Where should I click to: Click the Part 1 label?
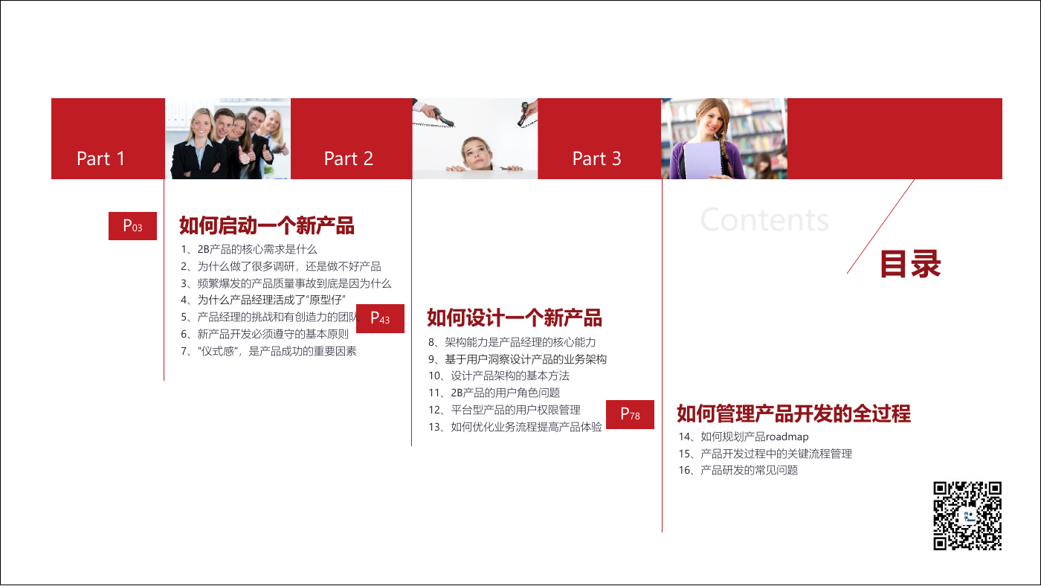100,158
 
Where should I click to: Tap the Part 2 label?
349,158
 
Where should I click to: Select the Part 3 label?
596,158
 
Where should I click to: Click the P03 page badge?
132,226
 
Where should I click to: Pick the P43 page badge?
380,318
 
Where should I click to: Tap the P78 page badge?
631,414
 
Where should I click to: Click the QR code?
967,516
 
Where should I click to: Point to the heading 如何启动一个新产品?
267,226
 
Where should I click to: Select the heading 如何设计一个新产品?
515,318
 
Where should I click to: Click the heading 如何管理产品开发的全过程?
794,413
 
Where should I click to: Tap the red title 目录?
910,264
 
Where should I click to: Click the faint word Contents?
764,220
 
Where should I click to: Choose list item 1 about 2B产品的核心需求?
249,250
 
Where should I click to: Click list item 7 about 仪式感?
268,351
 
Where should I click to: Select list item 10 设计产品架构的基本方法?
499,376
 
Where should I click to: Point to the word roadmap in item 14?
787,437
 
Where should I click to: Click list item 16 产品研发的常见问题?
738,470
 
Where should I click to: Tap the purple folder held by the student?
703,159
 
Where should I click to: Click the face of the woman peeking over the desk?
477,153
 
